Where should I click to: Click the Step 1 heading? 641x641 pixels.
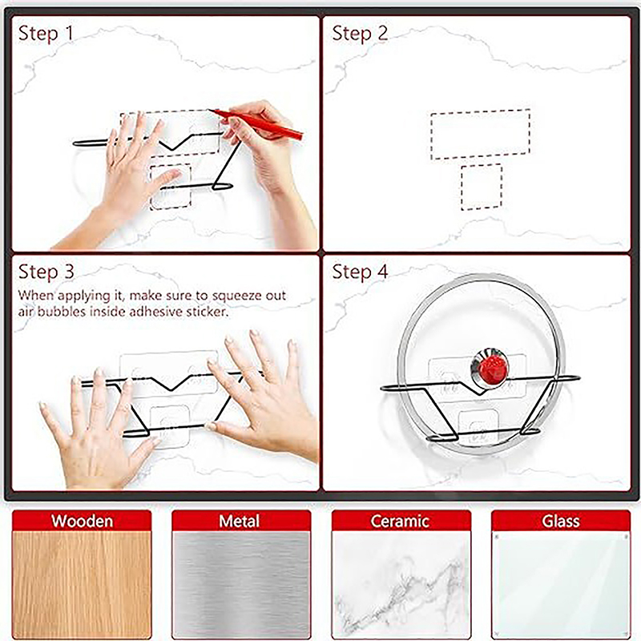(46, 33)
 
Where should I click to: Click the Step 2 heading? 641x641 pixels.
(360, 33)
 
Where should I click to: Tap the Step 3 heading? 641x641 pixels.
(46, 272)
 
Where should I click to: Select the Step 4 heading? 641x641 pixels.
(360, 272)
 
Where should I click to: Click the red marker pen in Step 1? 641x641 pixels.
(256, 124)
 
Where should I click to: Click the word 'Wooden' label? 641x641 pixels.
(82, 522)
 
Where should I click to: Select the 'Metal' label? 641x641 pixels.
(239, 522)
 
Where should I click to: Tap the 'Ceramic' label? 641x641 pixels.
(400, 522)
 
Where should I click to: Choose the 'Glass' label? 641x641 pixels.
(561, 522)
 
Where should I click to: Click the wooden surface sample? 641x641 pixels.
(82, 585)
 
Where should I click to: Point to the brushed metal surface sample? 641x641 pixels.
(241, 585)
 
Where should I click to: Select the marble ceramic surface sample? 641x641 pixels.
(401, 585)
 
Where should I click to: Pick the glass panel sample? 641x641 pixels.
(561, 585)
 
